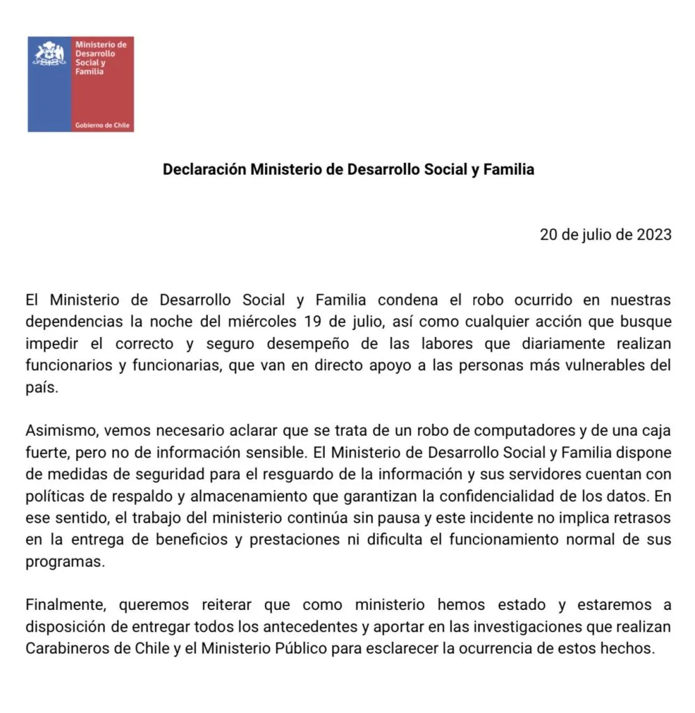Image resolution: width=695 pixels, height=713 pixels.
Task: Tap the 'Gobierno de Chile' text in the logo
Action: pyautogui.click(x=102, y=125)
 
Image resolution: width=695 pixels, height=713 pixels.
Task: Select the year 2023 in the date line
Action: pyautogui.click(x=653, y=235)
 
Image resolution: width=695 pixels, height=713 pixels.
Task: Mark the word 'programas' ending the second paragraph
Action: pyautogui.click(x=64, y=561)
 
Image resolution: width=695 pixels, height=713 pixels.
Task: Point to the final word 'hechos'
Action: pyautogui.click(x=632, y=648)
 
